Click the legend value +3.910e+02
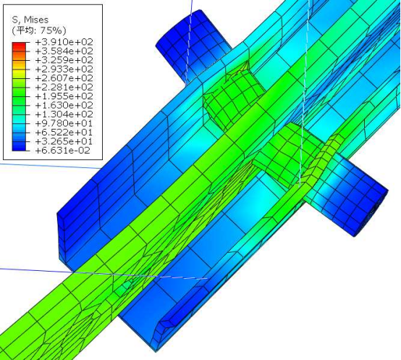64,42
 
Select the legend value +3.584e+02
64,51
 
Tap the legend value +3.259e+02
64,60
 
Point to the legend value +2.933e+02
64,69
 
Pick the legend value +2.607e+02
64,78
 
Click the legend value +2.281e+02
64,87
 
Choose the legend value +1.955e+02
64,96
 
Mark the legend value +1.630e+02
64,105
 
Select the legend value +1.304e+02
64,114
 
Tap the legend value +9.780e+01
64,123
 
